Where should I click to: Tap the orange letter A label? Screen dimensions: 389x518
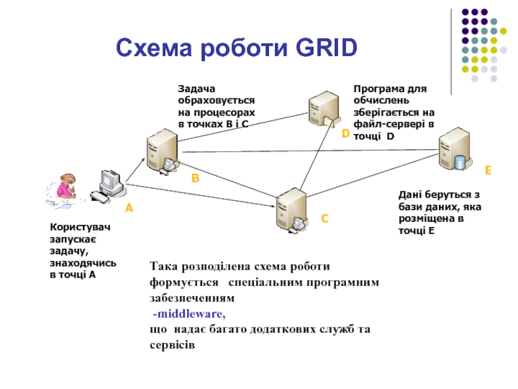point(128,208)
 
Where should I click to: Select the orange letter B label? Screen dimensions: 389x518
point(194,177)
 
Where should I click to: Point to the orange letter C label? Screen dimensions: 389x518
point(325,220)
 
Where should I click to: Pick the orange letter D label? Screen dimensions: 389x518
point(346,134)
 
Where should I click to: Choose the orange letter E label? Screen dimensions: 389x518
point(488,171)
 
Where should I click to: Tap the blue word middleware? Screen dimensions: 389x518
point(189,314)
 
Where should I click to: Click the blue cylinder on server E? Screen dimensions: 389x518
point(460,161)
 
